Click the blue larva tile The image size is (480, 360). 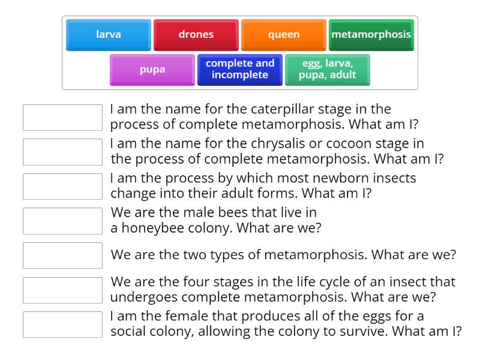(x=109, y=35)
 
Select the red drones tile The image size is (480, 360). (x=196, y=35)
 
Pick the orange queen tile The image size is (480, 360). (x=283, y=35)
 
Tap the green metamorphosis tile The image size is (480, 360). (x=371, y=35)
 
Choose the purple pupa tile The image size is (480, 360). (x=152, y=70)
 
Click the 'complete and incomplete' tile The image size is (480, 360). (x=240, y=70)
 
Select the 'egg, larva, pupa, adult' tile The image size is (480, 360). (x=328, y=70)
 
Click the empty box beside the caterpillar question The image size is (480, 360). (x=62, y=118)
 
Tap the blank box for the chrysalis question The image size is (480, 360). (x=62, y=152)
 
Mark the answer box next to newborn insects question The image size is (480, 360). (x=62, y=187)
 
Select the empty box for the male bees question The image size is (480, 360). (x=62, y=221)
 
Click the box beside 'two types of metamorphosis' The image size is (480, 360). (x=62, y=256)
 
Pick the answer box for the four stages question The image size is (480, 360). (x=62, y=290)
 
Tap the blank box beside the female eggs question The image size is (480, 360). (x=62, y=325)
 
